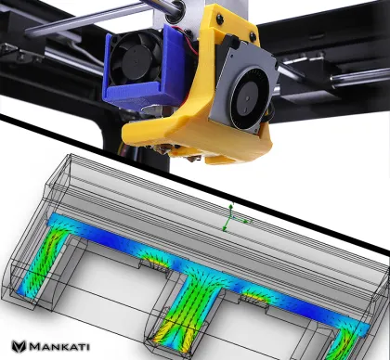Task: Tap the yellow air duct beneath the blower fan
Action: coord(223,139)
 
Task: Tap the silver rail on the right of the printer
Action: coord(306,70)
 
